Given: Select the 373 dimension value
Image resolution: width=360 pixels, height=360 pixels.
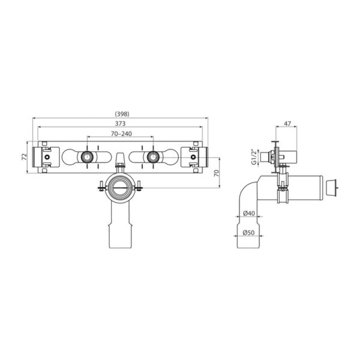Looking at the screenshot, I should (x=121, y=123).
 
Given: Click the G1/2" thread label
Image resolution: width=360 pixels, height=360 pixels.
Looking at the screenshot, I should (x=254, y=158).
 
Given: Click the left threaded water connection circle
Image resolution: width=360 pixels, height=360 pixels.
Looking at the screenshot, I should (x=88, y=157).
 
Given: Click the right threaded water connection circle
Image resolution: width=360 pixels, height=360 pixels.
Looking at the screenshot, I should (x=153, y=157).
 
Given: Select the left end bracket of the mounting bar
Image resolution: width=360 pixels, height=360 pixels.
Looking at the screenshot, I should (x=44, y=157).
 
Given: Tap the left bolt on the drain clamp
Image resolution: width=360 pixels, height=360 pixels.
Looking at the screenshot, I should (x=98, y=187).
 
